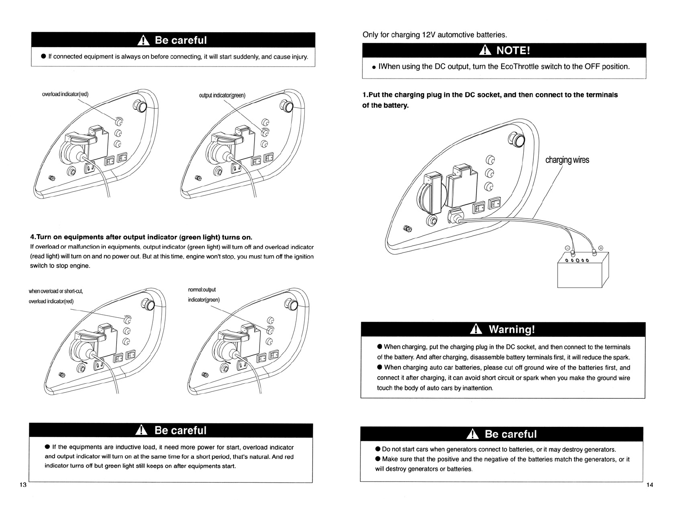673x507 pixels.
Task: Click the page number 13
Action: pyautogui.click(x=23, y=484)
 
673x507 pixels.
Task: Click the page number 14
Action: pyautogui.click(x=650, y=484)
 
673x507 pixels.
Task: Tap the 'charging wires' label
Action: pyautogui.click(x=567, y=160)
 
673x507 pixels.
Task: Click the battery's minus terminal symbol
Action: pyautogui.click(x=568, y=248)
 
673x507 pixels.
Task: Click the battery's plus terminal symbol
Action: pyautogui.click(x=601, y=248)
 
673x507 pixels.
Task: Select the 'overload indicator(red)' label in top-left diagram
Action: pyautogui.click(x=65, y=94)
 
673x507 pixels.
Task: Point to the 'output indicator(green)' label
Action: pyautogui.click(x=222, y=95)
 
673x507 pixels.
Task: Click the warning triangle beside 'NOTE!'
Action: pyautogui.click(x=485, y=50)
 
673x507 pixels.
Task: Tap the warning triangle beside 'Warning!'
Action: pyautogui.click(x=476, y=329)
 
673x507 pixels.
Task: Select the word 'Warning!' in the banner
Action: pyautogui.click(x=512, y=329)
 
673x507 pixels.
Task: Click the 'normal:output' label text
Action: pyautogui.click(x=202, y=290)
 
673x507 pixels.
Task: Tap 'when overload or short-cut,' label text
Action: pyautogui.click(x=56, y=291)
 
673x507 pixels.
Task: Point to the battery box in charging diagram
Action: pyautogui.click(x=583, y=270)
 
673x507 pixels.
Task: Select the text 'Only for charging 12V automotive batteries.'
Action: pyautogui.click(x=435, y=35)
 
